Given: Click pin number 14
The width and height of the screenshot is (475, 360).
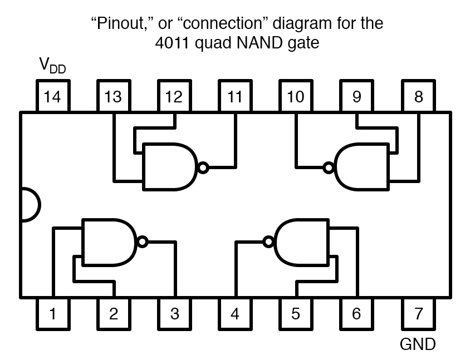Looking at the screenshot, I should pos(52,97).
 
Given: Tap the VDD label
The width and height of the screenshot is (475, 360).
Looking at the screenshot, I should pos(52,66).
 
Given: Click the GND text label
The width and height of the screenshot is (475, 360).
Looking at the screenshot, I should pos(418,344).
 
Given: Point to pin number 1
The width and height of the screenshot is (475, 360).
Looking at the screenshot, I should pos(52,314).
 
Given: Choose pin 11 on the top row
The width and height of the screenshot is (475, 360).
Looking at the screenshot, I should pos(235,97).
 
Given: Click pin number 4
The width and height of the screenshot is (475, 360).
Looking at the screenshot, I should pos(235,314).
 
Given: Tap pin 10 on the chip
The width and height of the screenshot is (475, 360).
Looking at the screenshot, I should pos(296,97).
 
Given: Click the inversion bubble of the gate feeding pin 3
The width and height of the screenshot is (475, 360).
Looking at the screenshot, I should pos(143,241).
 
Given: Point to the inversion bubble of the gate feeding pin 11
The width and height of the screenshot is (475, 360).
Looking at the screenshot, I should pos(203,167).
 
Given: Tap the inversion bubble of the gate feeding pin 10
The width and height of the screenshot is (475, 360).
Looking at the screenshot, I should pos(329,167).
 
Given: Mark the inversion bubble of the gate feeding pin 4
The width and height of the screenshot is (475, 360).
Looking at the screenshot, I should pos(268,241).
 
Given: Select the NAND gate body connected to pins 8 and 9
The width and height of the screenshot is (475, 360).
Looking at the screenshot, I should pos(362,167).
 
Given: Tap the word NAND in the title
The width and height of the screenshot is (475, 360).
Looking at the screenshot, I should pos(261,42).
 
